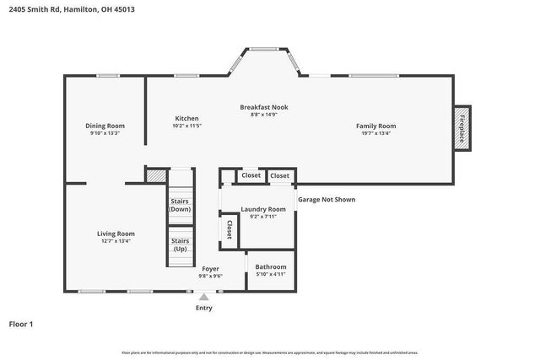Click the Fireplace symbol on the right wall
pyautogui.click(x=462, y=129)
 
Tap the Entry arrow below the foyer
pyautogui.click(x=203, y=297)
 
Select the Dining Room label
pyautogui.click(x=105, y=126)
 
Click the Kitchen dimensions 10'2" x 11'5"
pyautogui.click(x=187, y=126)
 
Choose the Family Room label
pyautogui.click(x=375, y=126)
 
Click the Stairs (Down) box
pyautogui.click(x=180, y=204)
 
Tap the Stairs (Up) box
pyautogui.click(x=180, y=244)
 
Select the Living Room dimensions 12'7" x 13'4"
pyautogui.click(x=115, y=241)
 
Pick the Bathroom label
pyautogui.click(x=271, y=267)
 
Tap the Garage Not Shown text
pyautogui.click(x=327, y=200)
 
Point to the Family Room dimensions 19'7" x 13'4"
pyautogui.click(x=375, y=133)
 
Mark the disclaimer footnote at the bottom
pyautogui.click(x=270, y=352)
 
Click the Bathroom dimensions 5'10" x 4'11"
pyautogui.click(x=271, y=275)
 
